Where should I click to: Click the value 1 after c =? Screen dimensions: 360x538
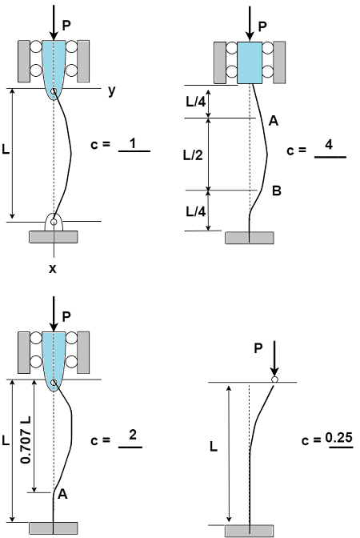coord(133,143)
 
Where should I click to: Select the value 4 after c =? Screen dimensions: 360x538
coord(329,144)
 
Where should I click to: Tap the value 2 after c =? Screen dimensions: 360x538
coord(133,435)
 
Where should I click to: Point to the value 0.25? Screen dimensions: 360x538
coord(338,438)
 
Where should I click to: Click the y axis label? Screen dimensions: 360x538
coord(112,90)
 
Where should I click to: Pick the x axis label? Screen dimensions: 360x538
coord(52,269)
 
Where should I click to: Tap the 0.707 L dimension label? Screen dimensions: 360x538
coord(26,440)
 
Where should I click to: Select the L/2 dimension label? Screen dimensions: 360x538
coord(193,155)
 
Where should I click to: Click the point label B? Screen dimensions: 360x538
coord(276,191)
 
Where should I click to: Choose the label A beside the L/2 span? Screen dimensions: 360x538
coord(274,121)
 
